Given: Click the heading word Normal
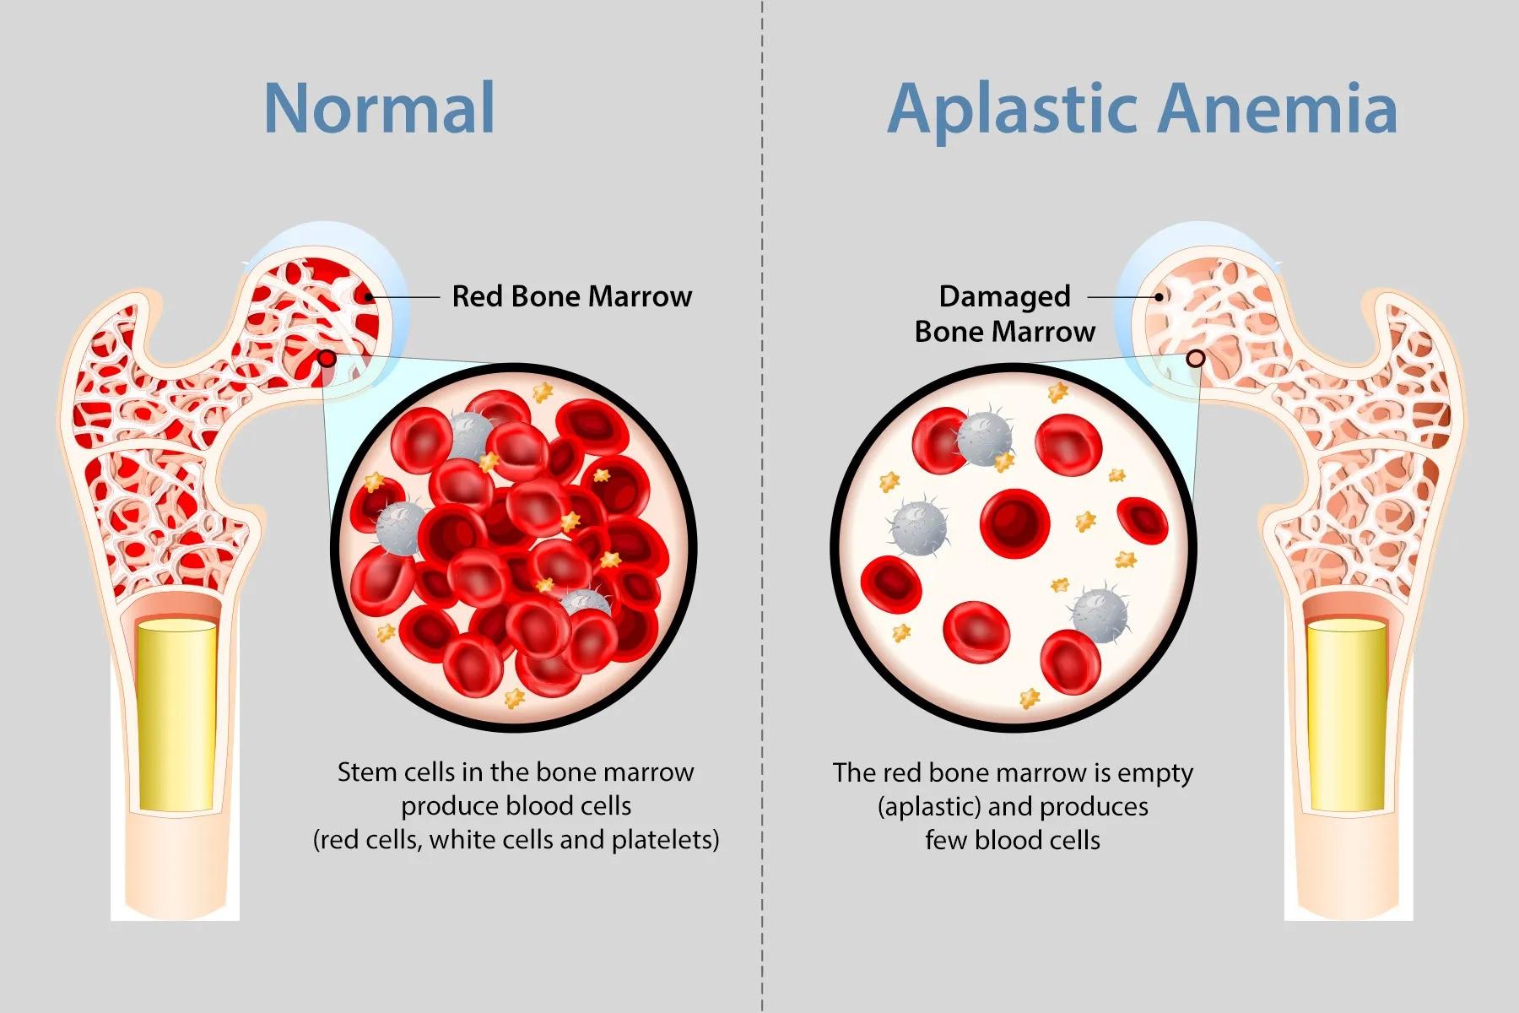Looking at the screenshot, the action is (379, 108).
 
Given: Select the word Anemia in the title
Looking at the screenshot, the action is (1278, 108).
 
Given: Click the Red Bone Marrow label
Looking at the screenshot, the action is (572, 296).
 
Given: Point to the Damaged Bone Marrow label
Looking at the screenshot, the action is (1005, 314).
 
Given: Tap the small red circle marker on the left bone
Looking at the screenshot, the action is (327, 360).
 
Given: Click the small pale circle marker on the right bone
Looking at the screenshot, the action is (1195, 359).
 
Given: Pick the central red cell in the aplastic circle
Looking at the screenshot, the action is (1014, 523).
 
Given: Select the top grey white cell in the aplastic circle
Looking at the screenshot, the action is (984, 438).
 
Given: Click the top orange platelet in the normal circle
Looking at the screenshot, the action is (542, 392).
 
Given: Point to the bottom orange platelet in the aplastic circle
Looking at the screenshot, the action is (1030, 698).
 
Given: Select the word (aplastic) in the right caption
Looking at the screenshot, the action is (929, 807).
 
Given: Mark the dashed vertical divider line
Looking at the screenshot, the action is (762, 506).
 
